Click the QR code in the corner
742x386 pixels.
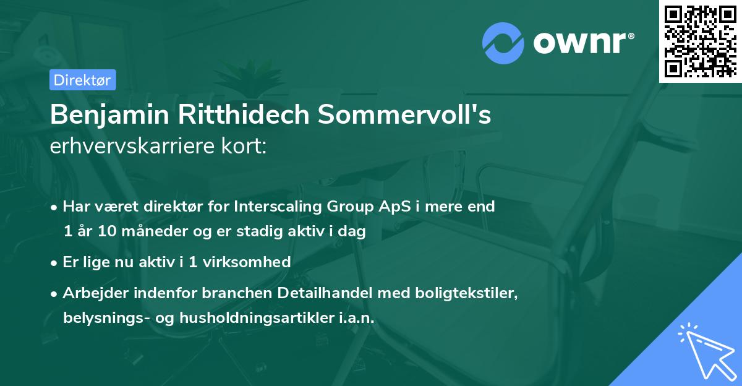tap(701, 41)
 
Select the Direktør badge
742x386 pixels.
tap(82, 80)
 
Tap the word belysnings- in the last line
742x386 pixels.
tap(103, 317)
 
